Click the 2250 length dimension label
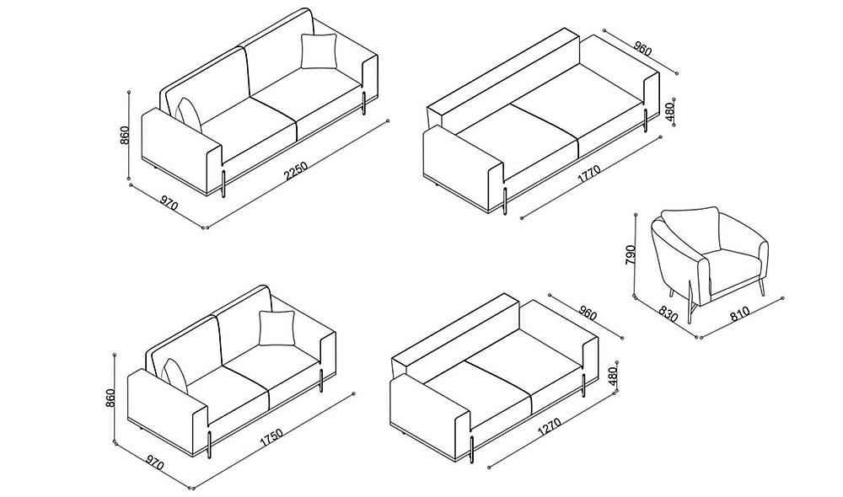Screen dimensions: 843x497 point(296,170)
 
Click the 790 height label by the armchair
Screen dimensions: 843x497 point(630,254)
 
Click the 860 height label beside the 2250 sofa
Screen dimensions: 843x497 point(124,136)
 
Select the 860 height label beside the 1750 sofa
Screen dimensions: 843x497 point(110,398)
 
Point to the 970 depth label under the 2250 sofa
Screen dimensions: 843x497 point(169,205)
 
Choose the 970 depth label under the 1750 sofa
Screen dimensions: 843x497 point(155,462)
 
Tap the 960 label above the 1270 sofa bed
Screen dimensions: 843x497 point(588,313)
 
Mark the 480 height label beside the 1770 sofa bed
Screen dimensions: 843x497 point(670,112)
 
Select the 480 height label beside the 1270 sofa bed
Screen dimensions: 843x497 point(613,375)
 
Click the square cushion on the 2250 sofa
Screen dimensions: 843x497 point(319,51)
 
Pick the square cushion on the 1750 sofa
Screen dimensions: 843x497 point(277,329)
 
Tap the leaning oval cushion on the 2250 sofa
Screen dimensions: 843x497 point(188,115)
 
